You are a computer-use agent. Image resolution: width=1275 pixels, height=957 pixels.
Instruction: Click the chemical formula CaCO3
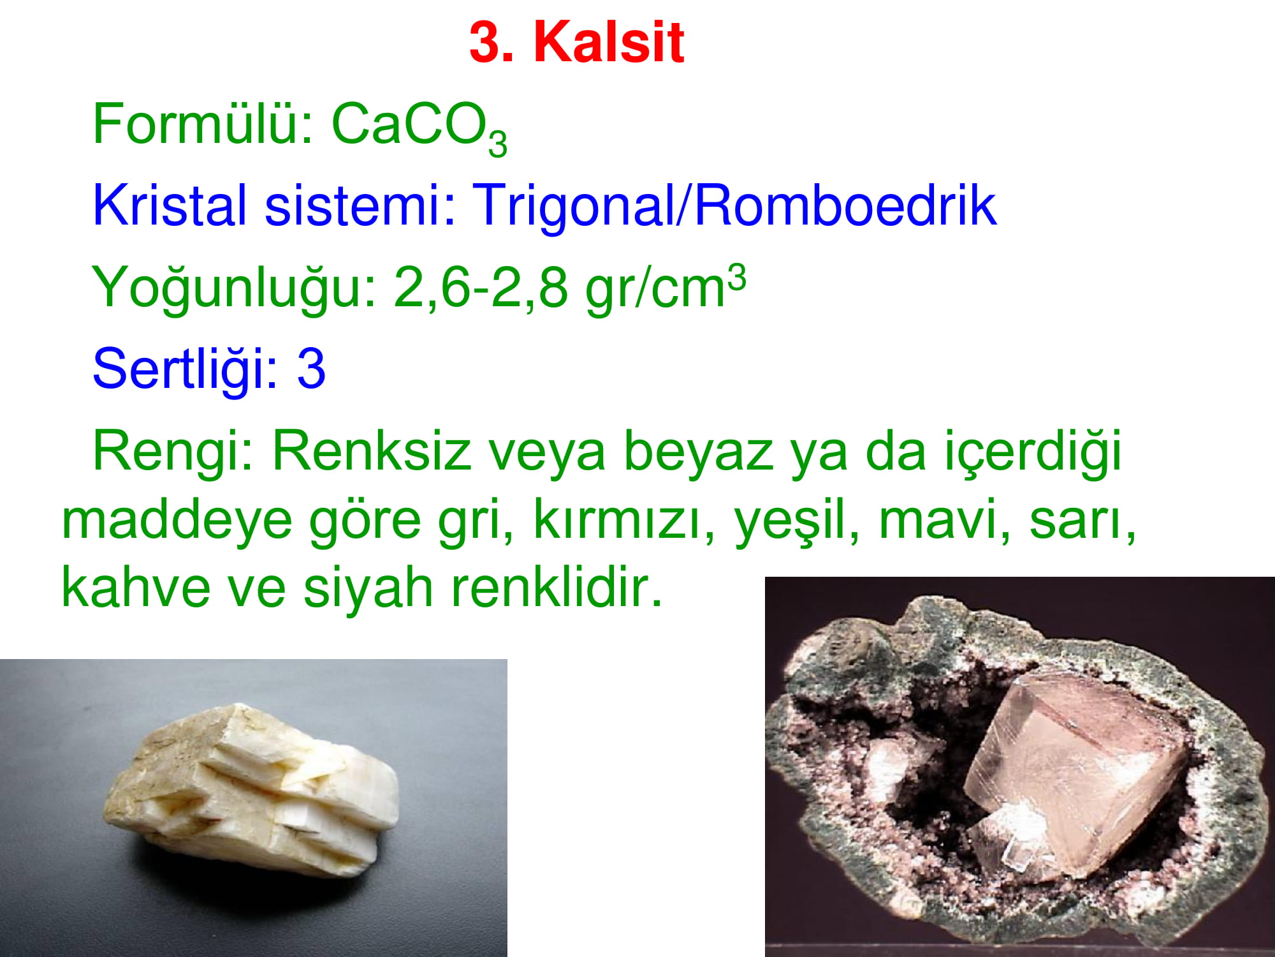click(x=419, y=128)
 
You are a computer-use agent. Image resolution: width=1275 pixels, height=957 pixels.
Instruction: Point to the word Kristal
click(x=170, y=205)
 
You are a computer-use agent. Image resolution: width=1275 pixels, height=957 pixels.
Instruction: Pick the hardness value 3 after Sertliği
click(x=311, y=369)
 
